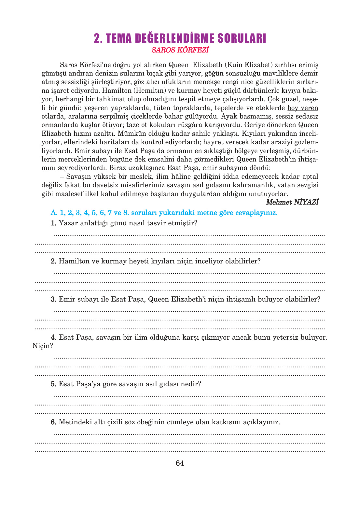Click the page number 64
[x=180, y=463]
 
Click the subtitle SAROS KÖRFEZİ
[x=180, y=50]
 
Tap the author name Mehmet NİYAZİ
[x=292, y=202]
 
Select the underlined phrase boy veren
[x=303, y=108]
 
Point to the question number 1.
[x=54, y=223]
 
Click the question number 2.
[x=54, y=261]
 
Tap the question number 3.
[x=54, y=299]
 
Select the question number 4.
[x=54, y=337]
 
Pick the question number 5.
[x=54, y=384]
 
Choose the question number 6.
[x=54, y=422]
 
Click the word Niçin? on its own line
[x=43, y=346]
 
